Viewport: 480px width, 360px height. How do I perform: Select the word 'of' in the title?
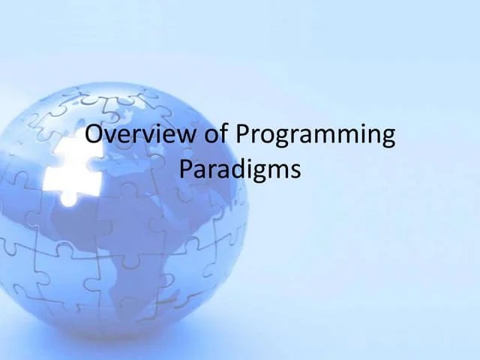click(217, 135)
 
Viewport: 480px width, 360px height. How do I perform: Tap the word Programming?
click(315, 136)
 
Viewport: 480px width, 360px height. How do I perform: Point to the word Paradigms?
click(240, 169)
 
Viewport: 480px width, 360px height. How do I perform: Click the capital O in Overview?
click(94, 135)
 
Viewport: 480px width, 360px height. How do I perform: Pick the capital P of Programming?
click(242, 135)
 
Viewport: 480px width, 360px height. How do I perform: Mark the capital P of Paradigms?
click(186, 169)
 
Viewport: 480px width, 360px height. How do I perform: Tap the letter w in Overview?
click(187, 136)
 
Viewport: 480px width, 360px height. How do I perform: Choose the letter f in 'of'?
click(224, 134)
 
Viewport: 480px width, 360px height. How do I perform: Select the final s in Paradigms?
click(295, 171)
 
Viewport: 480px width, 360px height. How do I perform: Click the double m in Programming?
click(343, 137)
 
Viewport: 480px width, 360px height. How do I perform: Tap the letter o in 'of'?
click(213, 136)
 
